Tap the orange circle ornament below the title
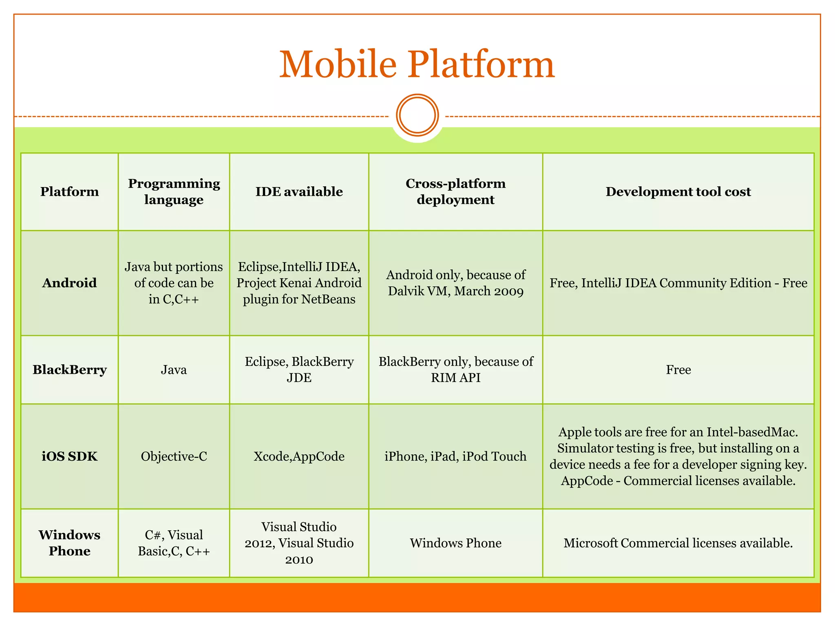coord(417,115)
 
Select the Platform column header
coord(69,192)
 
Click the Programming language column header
coord(174,192)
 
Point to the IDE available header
coord(299,192)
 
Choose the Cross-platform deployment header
coord(455,192)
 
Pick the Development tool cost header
coord(678,192)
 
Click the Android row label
coord(69,283)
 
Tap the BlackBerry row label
coord(69,370)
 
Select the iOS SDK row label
coord(69,456)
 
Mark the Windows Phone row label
coord(69,543)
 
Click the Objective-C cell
coord(174,456)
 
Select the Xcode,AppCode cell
coord(299,456)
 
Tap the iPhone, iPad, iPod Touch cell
coord(455,456)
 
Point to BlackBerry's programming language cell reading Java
coord(174,370)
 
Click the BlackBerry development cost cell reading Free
coord(678,370)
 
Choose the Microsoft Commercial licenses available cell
coord(678,543)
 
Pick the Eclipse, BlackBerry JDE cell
coord(299,370)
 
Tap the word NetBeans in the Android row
coord(328,300)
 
